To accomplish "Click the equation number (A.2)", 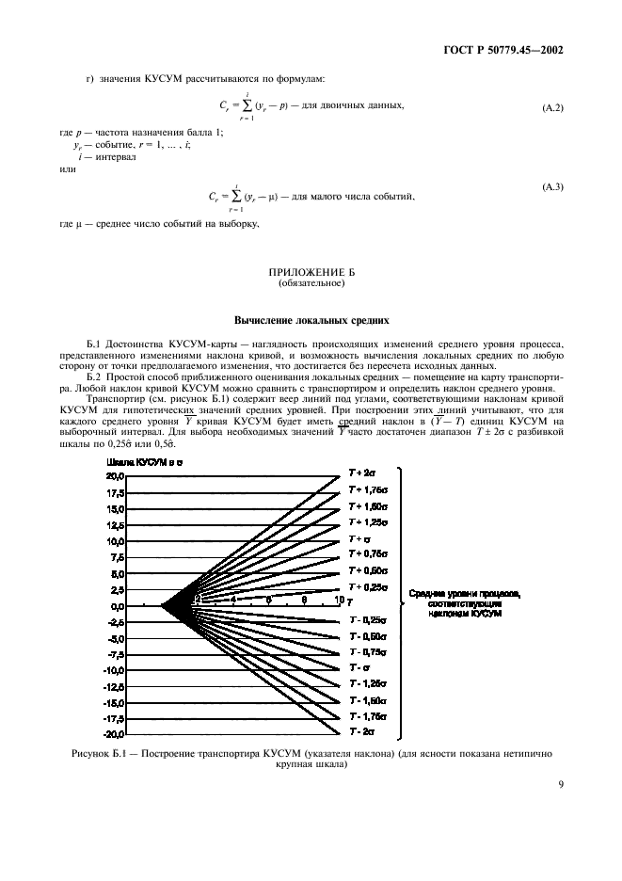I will (550, 108).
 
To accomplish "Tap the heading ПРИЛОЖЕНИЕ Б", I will (310, 271).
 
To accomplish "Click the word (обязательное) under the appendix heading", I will (310, 282).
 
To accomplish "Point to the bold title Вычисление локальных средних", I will (310, 320).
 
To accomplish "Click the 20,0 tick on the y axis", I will (115, 477).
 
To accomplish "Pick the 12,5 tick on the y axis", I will (115, 525).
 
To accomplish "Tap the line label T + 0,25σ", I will (366, 586).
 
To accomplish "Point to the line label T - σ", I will (359, 667).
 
